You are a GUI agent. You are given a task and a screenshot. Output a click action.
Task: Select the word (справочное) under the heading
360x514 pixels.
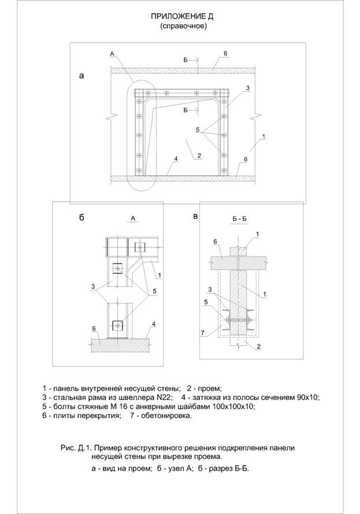point(183,27)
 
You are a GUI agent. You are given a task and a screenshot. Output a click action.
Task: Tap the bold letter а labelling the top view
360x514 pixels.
point(81,76)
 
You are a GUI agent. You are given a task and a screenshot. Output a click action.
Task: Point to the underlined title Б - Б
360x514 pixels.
point(239,219)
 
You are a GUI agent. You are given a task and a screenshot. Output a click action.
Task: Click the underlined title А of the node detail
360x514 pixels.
point(133,218)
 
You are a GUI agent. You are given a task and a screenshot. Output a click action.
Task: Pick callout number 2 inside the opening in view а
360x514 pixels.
point(199,156)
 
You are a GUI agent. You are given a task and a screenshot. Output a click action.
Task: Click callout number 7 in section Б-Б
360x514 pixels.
point(203,333)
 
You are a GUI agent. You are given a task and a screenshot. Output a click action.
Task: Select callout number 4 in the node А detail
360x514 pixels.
point(154,324)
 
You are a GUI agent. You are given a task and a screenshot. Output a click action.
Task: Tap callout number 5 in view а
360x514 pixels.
point(198,130)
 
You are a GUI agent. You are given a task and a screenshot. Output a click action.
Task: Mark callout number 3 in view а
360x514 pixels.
point(248,88)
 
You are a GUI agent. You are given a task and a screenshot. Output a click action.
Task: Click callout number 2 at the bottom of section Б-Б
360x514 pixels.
point(258,346)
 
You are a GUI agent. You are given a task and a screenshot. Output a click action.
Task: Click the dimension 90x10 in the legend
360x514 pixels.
point(307,398)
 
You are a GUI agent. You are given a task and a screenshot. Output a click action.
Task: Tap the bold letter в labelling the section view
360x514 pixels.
point(195,217)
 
